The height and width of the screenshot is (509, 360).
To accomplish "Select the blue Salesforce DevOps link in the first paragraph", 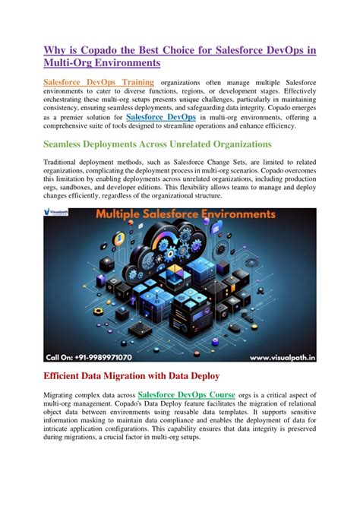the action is click(x=160, y=118).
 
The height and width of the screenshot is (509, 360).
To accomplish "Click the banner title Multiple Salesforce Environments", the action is click(x=185, y=215).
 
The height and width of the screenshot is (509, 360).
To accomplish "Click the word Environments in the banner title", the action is click(x=233, y=215).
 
